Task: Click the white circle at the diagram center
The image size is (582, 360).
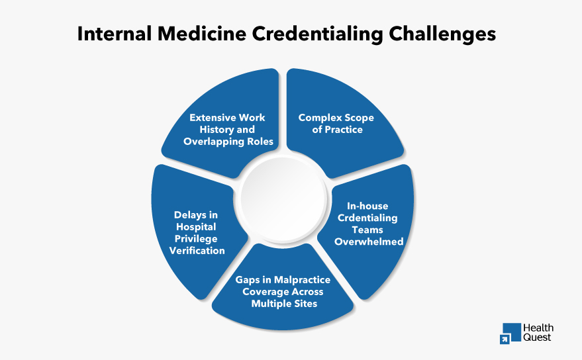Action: tap(283, 198)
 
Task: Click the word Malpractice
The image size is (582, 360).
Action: tap(298, 280)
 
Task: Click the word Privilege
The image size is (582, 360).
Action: tap(196, 239)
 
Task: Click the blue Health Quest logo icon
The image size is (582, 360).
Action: tap(510, 333)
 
